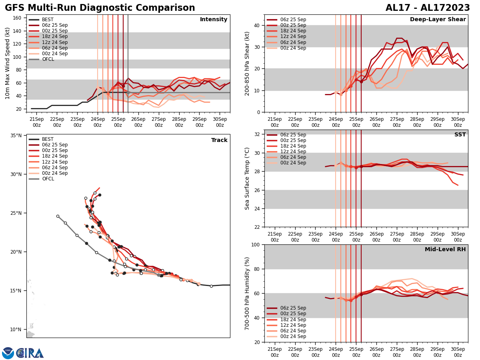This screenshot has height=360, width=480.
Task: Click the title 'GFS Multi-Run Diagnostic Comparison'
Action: [100, 8]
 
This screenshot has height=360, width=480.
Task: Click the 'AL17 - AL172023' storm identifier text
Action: [427, 8]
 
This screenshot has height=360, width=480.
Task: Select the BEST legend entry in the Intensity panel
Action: [47, 20]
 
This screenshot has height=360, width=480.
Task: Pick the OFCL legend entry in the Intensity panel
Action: [48, 59]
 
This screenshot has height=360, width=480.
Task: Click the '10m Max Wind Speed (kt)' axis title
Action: [8, 63]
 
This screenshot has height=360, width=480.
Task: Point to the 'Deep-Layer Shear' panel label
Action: [438, 20]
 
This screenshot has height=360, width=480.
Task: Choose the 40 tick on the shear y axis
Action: [256, 25]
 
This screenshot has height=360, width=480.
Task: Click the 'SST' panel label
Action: [460, 135]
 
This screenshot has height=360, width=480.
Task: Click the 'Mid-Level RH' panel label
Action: [445, 250]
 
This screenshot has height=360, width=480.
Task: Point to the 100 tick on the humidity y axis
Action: [255, 244]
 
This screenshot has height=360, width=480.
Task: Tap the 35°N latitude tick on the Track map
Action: [16, 136]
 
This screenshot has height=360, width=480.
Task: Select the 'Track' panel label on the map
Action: [219, 140]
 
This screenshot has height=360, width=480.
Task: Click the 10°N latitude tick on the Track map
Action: [16, 330]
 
